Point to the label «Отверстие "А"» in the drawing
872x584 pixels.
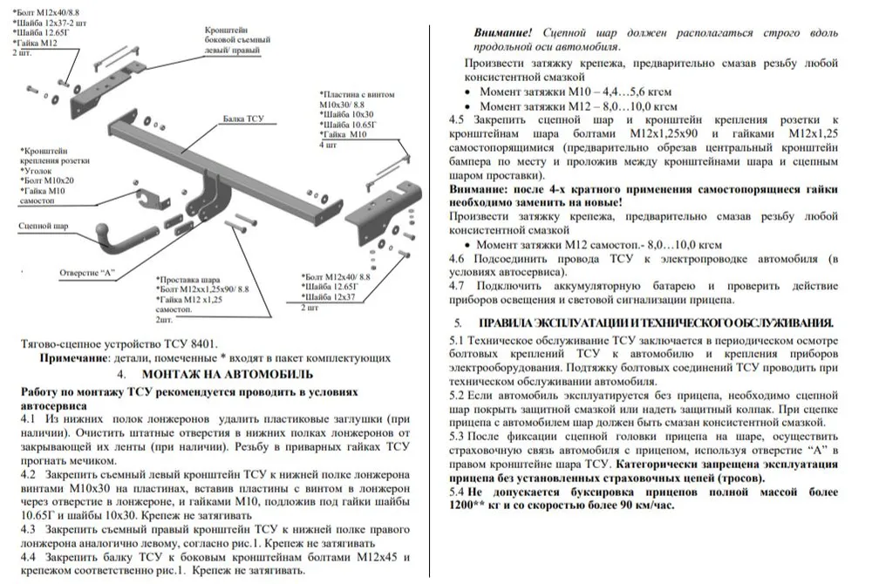tap(87, 273)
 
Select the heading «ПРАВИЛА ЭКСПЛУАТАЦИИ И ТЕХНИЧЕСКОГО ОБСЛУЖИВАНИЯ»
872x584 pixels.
tap(657, 323)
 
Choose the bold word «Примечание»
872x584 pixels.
tap(74, 357)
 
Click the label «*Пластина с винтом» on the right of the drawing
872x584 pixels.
tap(357, 93)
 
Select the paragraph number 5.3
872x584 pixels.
tap(458, 435)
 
